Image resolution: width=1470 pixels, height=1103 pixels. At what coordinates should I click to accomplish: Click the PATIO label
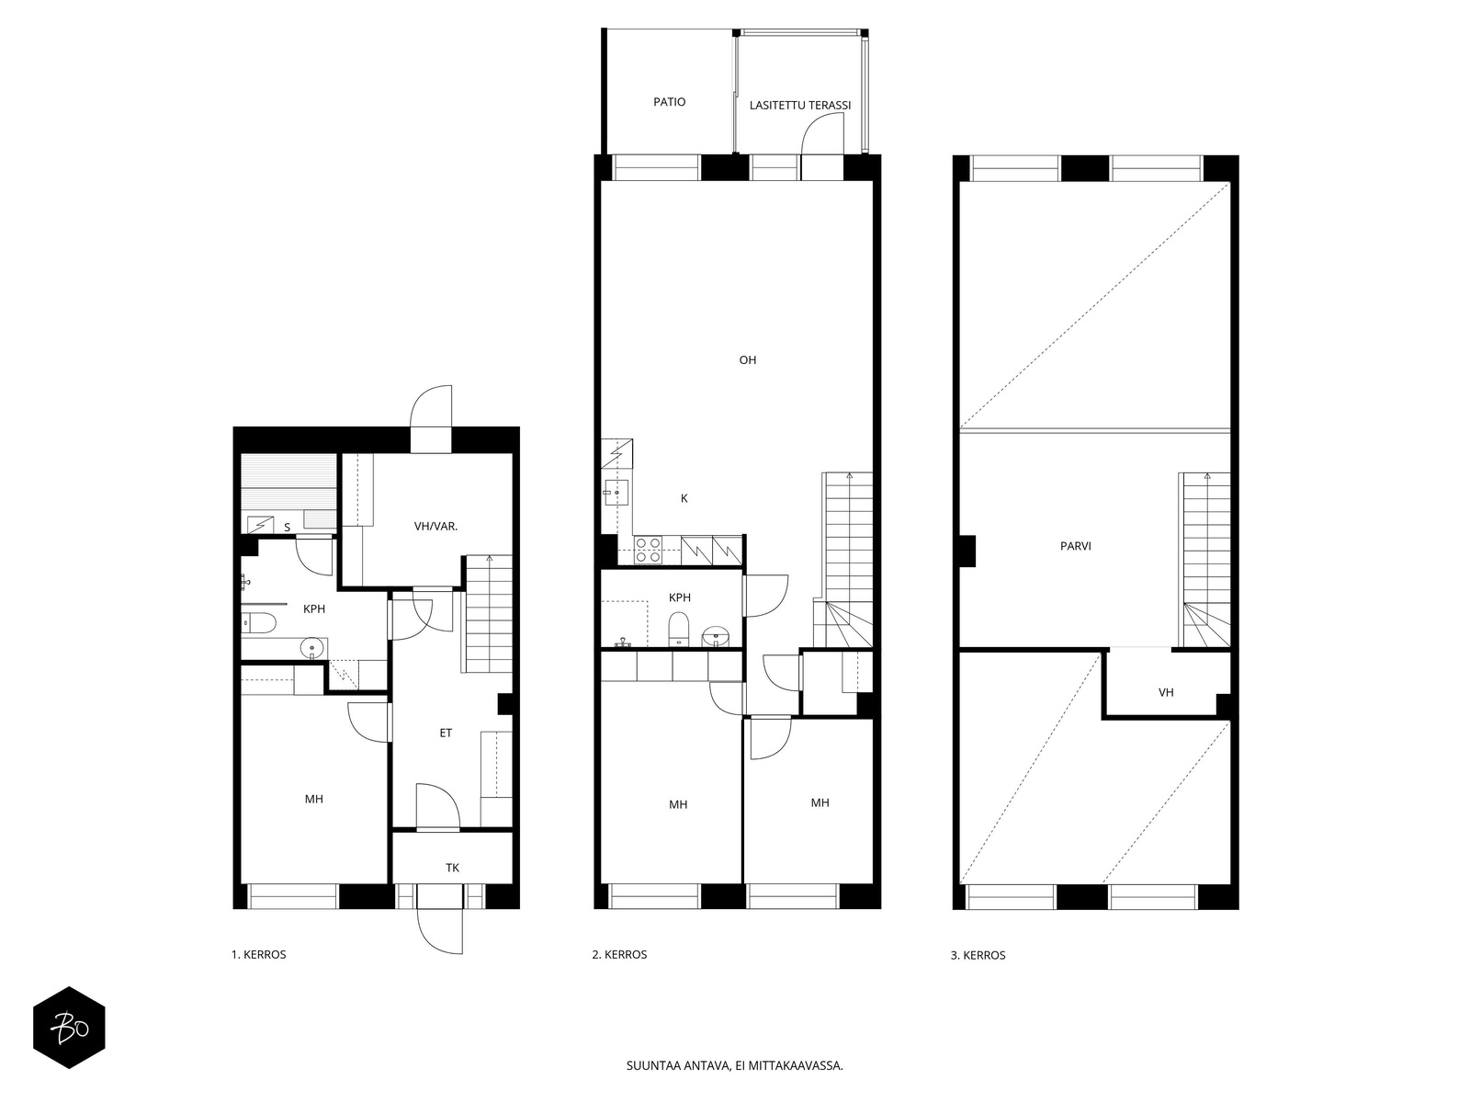(x=669, y=102)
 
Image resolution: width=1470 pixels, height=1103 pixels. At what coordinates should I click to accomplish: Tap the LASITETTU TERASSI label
(x=799, y=105)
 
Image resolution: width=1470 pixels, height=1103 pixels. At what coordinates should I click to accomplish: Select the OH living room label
(x=747, y=360)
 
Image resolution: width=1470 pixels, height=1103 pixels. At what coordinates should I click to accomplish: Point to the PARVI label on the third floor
(x=1076, y=547)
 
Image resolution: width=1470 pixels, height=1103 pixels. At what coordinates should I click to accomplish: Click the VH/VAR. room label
(x=435, y=527)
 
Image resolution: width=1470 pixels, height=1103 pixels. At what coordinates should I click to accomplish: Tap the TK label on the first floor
(x=452, y=868)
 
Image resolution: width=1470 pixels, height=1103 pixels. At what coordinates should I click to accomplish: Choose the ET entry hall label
(x=446, y=733)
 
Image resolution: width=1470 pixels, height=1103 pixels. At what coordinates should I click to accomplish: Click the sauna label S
(x=288, y=528)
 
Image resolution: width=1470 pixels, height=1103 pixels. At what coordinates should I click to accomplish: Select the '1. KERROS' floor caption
(x=258, y=954)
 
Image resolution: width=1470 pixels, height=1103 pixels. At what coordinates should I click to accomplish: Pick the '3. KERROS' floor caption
(x=978, y=955)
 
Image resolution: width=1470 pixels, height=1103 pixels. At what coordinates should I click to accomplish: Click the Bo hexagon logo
(x=69, y=1028)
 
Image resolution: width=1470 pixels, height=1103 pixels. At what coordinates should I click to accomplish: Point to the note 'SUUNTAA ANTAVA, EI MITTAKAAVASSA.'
(x=735, y=1065)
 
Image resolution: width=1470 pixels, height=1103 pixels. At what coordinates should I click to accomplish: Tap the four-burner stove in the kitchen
(x=648, y=549)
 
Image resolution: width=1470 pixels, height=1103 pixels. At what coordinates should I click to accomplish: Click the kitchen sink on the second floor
(x=615, y=493)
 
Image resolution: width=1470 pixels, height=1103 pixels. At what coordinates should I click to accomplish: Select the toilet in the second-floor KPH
(x=679, y=630)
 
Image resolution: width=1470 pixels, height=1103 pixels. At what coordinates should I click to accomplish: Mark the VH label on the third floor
(x=1166, y=692)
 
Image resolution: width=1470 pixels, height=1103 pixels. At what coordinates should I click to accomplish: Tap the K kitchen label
(x=684, y=498)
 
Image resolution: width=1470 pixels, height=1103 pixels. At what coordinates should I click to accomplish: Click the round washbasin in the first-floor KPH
(x=312, y=648)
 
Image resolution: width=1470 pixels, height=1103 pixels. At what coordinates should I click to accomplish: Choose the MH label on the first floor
(x=314, y=799)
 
